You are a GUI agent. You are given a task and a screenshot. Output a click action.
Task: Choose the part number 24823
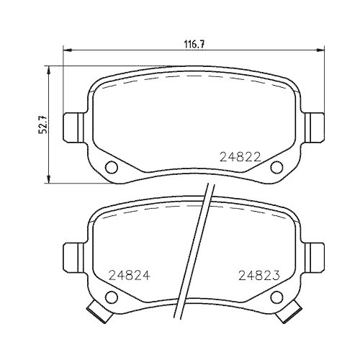click(258, 274)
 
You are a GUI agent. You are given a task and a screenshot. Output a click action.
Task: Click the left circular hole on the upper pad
click(111, 168)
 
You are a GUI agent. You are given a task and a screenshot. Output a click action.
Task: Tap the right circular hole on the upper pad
click(275, 168)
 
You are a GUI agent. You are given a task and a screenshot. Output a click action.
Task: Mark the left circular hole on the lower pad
click(111, 296)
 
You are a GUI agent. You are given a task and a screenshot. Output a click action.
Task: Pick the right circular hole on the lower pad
click(275, 296)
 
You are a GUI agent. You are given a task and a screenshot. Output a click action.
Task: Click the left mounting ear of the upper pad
click(72, 127)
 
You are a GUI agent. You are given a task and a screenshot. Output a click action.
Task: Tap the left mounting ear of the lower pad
click(72, 255)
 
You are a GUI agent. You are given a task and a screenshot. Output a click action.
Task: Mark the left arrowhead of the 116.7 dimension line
click(68, 50)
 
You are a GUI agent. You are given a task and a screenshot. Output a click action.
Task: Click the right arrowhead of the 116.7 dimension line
click(319, 50)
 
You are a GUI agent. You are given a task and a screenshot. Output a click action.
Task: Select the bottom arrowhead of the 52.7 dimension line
click(48, 178)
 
